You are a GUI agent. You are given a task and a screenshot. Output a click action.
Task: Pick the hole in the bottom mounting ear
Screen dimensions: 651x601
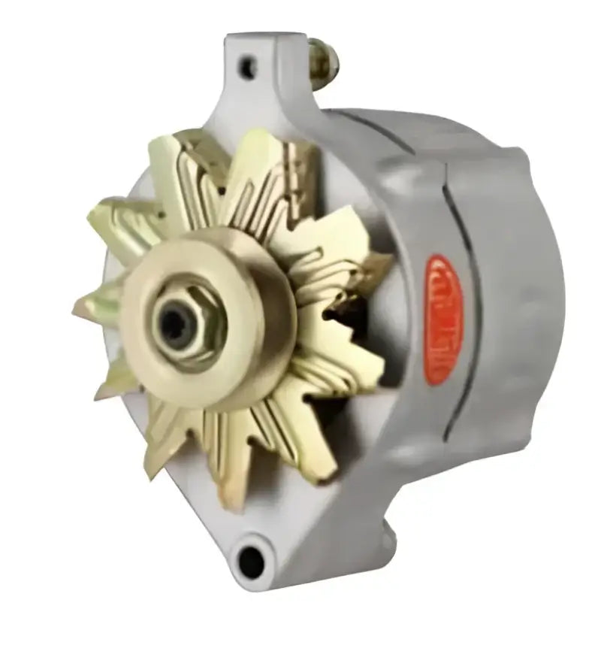(252, 556)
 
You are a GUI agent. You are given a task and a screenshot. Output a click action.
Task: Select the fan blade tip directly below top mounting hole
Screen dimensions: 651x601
(248, 139)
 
